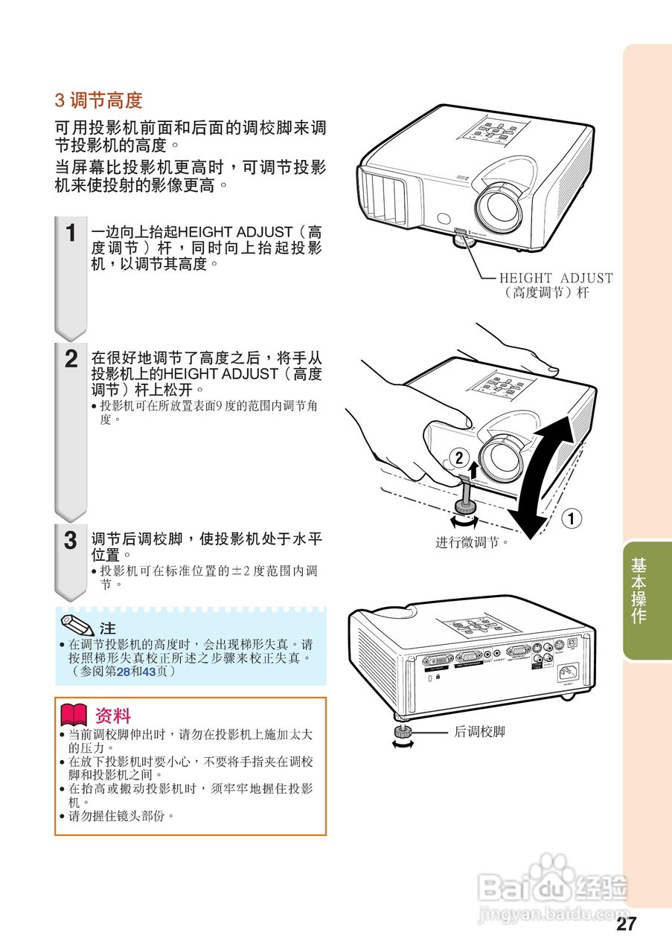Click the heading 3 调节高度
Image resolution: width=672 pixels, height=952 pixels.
coord(98,100)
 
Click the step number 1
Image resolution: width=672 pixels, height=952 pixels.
coord(71,234)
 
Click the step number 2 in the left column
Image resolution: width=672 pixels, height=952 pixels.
coord(71,359)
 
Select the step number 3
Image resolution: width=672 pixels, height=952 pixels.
coord(71,541)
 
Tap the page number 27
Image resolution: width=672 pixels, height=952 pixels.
coord(627,924)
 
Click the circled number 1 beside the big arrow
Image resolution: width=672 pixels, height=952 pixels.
coord(571,518)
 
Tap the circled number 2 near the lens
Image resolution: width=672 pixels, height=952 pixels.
coord(459,456)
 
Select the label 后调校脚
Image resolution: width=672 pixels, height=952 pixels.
coord(479,732)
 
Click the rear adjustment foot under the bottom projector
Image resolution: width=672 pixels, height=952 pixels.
coord(403,736)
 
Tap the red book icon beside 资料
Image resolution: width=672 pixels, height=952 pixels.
coord(74,715)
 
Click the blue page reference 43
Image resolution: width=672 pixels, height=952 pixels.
coord(149,672)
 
